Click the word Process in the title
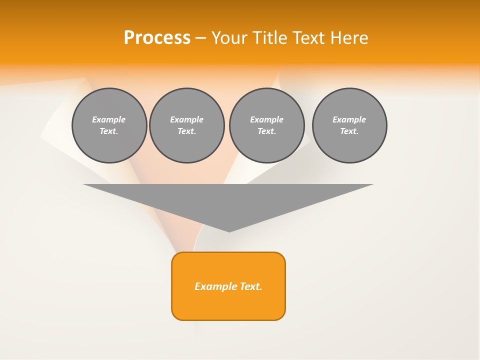(x=157, y=38)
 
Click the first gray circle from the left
(x=109, y=125)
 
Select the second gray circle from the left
(x=186, y=125)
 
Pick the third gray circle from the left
(x=266, y=125)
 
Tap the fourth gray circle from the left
(x=349, y=125)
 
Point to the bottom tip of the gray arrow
(x=229, y=231)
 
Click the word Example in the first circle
(x=109, y=119)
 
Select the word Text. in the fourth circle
(x=349, y=131)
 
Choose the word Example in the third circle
(x=266, y=119)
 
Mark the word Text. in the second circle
(x=186, y=131)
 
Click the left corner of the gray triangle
(x=84, y=185)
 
